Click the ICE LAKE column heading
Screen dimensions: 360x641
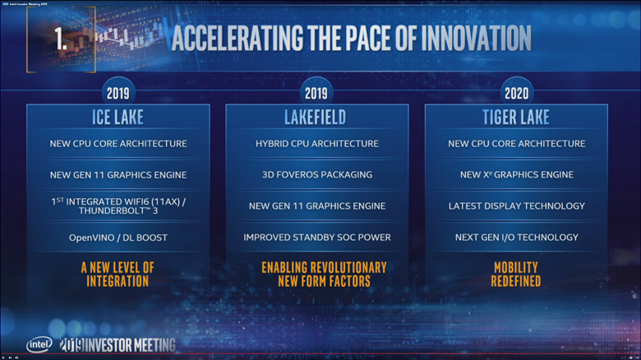(x=118, y=118)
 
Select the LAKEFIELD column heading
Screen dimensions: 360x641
(x=316, y=118)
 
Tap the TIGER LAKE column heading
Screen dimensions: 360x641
(x=516, y=118)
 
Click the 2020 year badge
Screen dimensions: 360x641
(x=516, y=93)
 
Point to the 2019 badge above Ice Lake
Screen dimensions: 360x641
(x=118, y=93)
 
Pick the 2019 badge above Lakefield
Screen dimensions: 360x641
(x=316, y=93)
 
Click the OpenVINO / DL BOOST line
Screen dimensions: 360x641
(x=118, y=238)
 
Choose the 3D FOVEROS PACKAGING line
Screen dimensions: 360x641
(x=316, y=174)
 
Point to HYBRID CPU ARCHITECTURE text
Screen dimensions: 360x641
(x=316, y=144)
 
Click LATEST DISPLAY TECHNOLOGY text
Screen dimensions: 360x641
(x=516, y=205)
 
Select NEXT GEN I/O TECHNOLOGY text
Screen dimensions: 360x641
(x=516, y=238)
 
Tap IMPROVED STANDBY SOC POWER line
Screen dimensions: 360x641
(x=316, y=238)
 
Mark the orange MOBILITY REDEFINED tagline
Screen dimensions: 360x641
(x=516, y=275)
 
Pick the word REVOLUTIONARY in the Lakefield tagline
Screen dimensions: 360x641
(x=344, y=268)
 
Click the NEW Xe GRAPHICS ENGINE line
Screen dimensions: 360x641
(x=516, y=174)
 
